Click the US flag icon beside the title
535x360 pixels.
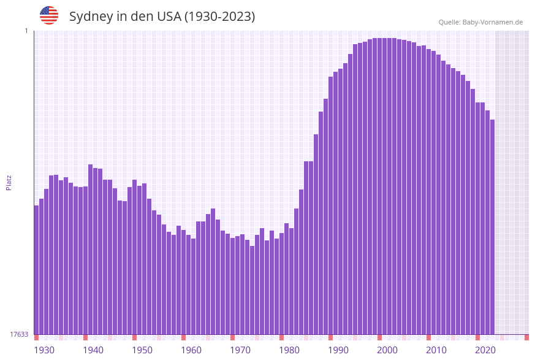(49, 15)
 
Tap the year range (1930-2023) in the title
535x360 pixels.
(219, 17)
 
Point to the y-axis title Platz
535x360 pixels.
(9, 182)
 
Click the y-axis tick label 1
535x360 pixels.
(26, 31)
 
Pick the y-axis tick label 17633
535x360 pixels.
(19, 334)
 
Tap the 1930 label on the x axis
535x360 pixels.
(44, 350)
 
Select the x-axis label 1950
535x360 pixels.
(142, 350)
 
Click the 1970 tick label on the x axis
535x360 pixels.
(240, 350)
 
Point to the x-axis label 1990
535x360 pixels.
(338, 350)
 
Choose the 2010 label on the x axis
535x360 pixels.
(436, 350)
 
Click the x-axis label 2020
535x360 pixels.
(485, 350)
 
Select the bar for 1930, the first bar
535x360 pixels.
(36, 270)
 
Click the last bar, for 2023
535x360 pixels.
(492, 227)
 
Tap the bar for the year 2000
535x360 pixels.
(379, 184)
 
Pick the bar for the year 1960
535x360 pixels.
(183, 282)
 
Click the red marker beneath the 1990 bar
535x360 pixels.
(330, 337)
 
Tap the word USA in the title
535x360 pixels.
(169, 17)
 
